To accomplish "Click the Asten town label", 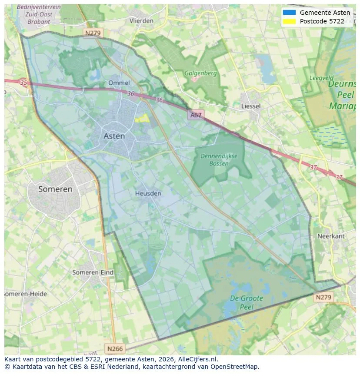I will click(114, 136).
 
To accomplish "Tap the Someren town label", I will click(55, 189).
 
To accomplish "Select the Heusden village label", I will click(148, 193).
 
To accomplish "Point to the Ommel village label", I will click(119, 83).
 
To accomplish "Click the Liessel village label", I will click(251, 106).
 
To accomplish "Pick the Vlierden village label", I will click(141, 20).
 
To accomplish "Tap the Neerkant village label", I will click(331, 236).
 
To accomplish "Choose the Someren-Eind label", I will click(93, 272).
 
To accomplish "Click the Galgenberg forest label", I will click(200, 73).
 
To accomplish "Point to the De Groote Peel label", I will click(246, 302).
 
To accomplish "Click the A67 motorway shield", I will click(196, 115).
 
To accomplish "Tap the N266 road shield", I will click(115, 348).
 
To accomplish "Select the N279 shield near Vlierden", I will click(92, 33).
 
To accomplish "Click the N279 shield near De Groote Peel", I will click(323, 297).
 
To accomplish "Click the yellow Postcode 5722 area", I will click(142, 118).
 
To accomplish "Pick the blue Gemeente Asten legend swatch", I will click(289, 13).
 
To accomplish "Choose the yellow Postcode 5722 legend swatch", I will click(289, 21).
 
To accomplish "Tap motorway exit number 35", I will click(23, 83).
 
